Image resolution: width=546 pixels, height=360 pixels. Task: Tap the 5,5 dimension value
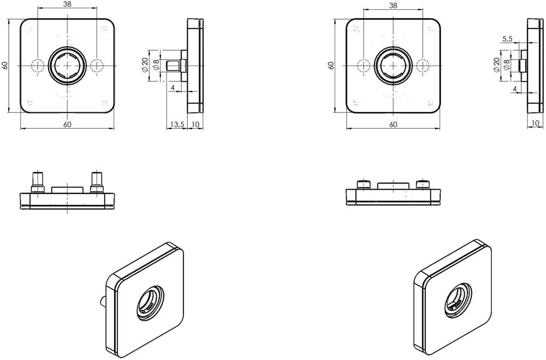[x=506, y=39]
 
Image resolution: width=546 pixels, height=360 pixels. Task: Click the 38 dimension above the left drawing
[x=67, y=4]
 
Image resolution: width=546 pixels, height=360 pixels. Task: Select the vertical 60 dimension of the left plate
[x=5, y=66]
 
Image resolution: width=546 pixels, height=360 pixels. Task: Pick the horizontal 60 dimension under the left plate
[x=67, y=125]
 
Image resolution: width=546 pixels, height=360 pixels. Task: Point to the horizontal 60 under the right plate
[x=393, y=125]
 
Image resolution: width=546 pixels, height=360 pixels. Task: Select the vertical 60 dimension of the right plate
[x=330, y=66]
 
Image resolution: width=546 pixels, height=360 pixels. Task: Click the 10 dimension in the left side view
[x=195, y=125]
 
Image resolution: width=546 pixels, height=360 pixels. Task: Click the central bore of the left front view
[x=67, y=65]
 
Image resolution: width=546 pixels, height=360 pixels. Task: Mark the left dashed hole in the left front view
[x=37, y=66]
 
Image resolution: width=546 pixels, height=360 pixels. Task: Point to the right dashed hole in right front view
[x=421, y=66]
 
